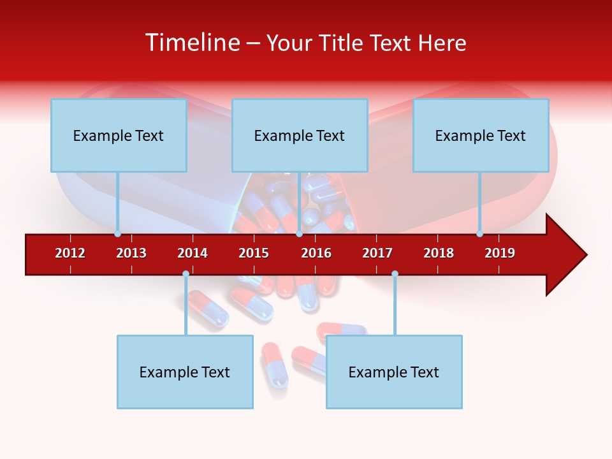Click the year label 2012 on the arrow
tap(70, 253)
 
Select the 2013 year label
tap(131, 253)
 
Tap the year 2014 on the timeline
tap(193, 253)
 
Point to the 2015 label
tap(254, 253)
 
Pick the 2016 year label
tap(316, 253)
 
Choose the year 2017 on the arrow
tap(377, 253)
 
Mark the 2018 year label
tap(439, 253)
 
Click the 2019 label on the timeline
tap(500, 253)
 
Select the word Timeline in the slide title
tap(191, 43)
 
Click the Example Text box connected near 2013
tap(119, 135)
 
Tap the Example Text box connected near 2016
tap(300, 135)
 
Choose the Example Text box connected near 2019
tap(481, 135)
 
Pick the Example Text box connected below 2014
tap(185, 372)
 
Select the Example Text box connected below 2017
tap(394, 372)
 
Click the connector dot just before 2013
tap(117, 234)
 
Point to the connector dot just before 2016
tap(299, 234)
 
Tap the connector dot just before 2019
tap(479, 234)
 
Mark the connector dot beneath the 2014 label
tap(186, 274)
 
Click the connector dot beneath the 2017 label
tap(395, 274)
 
